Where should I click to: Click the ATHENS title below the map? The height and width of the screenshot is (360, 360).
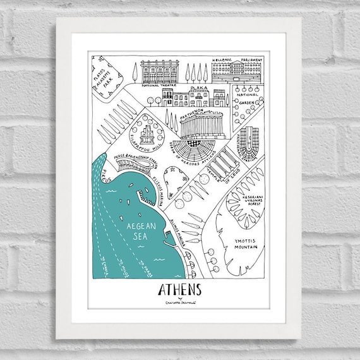click(x=177, y=290)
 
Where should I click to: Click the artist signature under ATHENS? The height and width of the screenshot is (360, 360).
click(x=176, y=303)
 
